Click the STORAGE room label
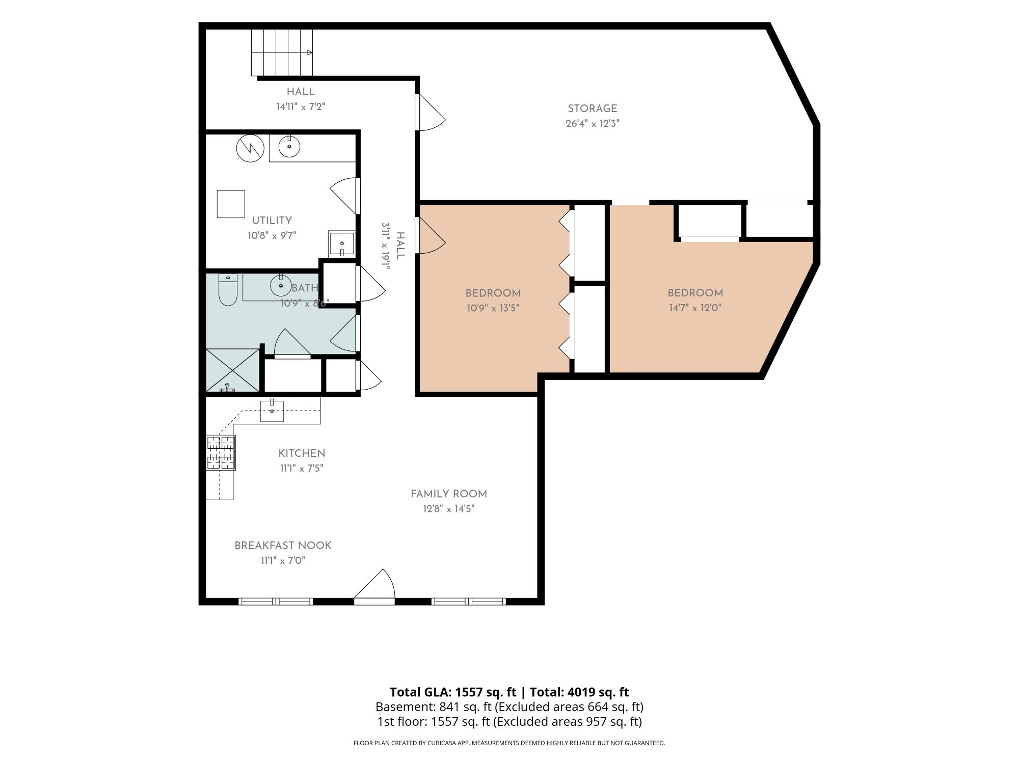pyautogui.click(x=592, y=108)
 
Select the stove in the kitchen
pyautogui.click(x=221, y=453)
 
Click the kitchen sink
pyautogui.click(x=272, y=411)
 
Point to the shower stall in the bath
pyautogui.click(x=232, y=370)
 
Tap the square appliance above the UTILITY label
pyautogui.click(x=231, y=204)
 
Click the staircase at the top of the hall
pyautogui.click(x=282, y=52)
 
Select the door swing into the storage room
pyautogui.click(x=431, y=112)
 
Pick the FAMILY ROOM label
pyautogui.click(x=449, y=494)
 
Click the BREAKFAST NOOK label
pyautogui.click(x=283, y=545)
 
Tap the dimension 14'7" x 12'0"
pyautogui.click(x=695, y=308)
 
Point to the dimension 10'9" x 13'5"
pyautogui.click(x=493, y=308)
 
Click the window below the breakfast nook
pyautogui.click(x=276, y=602)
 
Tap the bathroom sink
pyautogui.click(x=281, y=286)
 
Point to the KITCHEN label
pyautogui.click(x=302, y=453)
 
